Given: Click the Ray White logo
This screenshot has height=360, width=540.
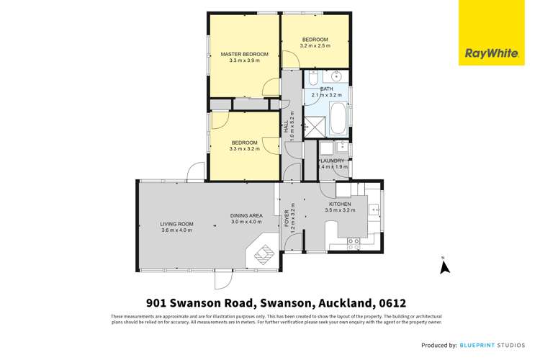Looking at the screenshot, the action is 491,32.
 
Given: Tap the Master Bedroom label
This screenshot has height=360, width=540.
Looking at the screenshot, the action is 244,54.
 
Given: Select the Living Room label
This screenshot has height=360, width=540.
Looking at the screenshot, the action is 176,224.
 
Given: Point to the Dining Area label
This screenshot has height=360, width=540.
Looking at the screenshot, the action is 246,216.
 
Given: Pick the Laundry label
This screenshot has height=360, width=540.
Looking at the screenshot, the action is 332,161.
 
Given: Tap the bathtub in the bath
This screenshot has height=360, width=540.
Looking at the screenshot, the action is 338,118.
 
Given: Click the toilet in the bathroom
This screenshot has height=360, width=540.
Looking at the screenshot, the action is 313,78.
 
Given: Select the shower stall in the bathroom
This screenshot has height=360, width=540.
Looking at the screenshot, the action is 314,127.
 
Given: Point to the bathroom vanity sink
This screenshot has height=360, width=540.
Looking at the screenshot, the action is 335,76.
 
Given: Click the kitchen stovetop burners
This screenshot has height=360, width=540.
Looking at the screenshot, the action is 354,244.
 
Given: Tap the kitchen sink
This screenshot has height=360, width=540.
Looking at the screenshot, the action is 374,209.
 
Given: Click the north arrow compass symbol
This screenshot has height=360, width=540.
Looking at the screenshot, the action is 444,266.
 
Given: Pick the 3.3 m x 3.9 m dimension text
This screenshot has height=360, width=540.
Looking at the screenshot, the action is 244,60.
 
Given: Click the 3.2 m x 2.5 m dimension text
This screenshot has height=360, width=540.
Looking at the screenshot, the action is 315,45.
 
